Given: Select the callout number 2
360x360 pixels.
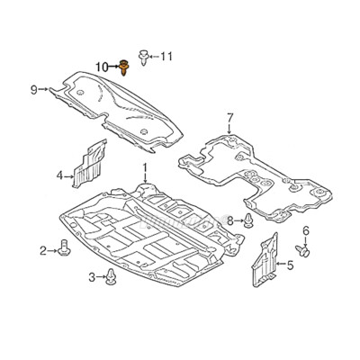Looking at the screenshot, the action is pyautogui.click(x=43, y=250).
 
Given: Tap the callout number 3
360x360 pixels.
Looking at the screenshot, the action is pyautogui.click(x=92, y=277).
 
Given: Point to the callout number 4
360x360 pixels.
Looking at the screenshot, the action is pyautogui.click(x=60, y=175).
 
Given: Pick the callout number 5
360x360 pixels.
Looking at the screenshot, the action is pyautogui.click(x=290, y=265).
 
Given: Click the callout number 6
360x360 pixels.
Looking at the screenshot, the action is pyautogui.click(x=305, y=231).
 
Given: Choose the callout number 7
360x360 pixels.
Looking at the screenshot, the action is pyautogui.click(x=229, y=117).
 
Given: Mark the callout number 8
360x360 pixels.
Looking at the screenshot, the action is pyautogui.click(x=230, y=220).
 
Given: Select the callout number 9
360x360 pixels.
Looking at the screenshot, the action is pyautogui.click(x=34, y=89).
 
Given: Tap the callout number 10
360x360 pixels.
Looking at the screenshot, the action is pyautogui.click(x=102, y=67).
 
